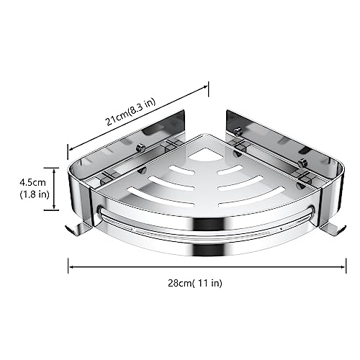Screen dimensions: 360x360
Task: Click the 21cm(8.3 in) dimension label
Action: (x=131, y=112)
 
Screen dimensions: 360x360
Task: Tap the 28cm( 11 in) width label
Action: (x=195, y=283)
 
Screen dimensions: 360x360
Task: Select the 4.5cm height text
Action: (x=32, y=183)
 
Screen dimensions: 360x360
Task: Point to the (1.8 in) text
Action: (x=35, y=194)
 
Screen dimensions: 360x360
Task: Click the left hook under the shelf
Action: (x=77, y=229)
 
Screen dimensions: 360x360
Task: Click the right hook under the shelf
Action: (x=333, y=229)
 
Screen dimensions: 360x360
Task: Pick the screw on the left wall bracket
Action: (x=140, y=148)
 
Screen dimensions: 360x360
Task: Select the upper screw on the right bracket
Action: (x=238, y=131)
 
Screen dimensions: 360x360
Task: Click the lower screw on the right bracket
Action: (x=302, y=163)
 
